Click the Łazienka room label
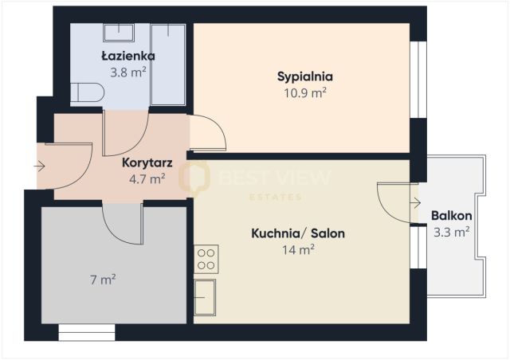pyautogui.click(x=127, y=57)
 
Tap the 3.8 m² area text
pyautogui.click(x=127, y=71)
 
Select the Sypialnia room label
pyautogui.click(x=304, y=77)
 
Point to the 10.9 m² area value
pyautogui.click(x=304, y=92)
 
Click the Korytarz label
pyautogui.click(x=147, y=163)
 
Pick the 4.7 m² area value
pyautogui.click(x=147, y=178)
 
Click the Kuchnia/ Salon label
pyautogui.click(x=298, y=234)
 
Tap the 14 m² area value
pyautogui.click(x=298, y=248)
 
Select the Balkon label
pyautogui.click(x=451, y=217)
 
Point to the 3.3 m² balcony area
pyautogui.click(x=451, y=232)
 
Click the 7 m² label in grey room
pyautogui.click(x=104, y=280)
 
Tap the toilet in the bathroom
pyautogui.click(x=85, y=92)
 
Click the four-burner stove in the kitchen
pyautogui.click(x=206, y=258)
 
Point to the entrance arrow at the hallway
pyautogui.click(x=40, y=166)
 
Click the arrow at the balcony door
pyautogui.click(x=415, y=202)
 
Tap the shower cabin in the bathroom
pyautogui.click(x=168, y=64)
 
